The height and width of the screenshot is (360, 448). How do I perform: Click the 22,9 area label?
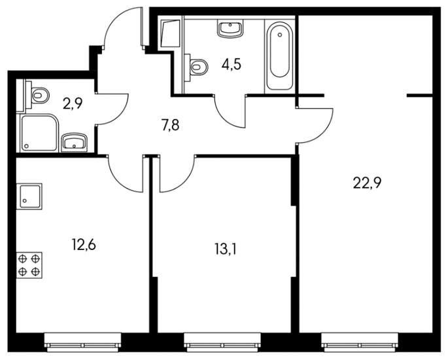(367, 183)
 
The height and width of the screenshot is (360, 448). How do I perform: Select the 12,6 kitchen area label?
(84, 245)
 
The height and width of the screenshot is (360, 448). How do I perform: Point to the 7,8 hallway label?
(170, 125)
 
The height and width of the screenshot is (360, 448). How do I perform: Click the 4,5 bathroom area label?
(232, 64)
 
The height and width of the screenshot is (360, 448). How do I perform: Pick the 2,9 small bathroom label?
(73, 103)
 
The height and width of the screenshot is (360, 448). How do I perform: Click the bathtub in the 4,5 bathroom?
(280, 54)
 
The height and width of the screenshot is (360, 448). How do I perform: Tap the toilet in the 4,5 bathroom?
(197, 67)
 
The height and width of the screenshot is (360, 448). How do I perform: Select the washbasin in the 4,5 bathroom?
(230, 28)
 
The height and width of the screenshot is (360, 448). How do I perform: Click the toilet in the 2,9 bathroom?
(38, 95)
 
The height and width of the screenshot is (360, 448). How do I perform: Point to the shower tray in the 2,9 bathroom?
(39, 133)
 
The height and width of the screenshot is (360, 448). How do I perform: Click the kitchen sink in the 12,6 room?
(29, 196)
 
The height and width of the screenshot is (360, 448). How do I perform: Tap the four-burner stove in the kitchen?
(29, 265)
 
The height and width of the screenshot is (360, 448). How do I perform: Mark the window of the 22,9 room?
(360, 342)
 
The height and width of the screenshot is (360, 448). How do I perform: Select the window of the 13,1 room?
(222, 342)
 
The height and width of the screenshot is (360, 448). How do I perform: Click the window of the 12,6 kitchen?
(83, 342)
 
